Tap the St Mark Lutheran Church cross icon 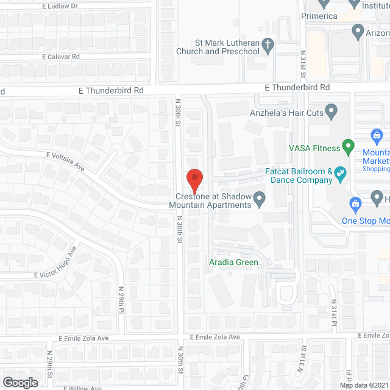click(267, 44)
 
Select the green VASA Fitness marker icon click(348, 146)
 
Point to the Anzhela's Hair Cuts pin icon click(331, 112)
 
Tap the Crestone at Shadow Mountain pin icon click(260, 198)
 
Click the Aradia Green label click(235, 262)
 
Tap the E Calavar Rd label click(61, 57)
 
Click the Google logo click(20, 382)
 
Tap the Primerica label click(319, 16)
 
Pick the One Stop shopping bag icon click(353, 202)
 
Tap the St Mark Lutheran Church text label click(218, 48)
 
